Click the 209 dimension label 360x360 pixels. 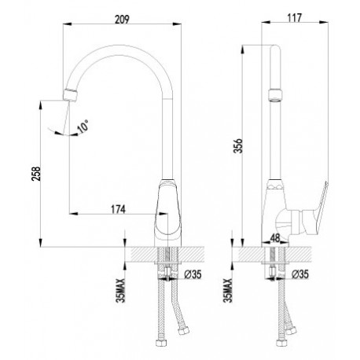(x=122, y=19)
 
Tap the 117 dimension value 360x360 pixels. (x=295, y=18)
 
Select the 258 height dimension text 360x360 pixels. (x=36, y=174)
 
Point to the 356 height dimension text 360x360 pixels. (x=239, y=145)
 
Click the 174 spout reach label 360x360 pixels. (x=119, y=209)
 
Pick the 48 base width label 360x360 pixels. (x=275, y=238)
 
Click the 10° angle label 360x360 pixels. (x=83, y=127)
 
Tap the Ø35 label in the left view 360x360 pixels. (x=193, y=274)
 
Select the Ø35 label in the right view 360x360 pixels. (x=300, y=274)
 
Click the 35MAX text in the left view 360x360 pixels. (x=121, y=291)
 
